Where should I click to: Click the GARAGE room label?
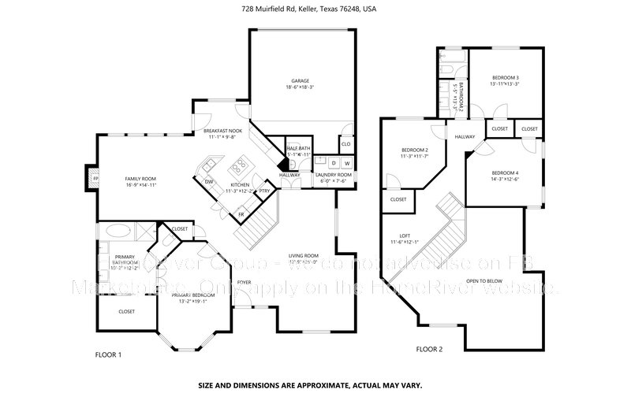(300, 81)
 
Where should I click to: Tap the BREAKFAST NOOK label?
(222, 131)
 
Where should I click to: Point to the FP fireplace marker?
(95, 179)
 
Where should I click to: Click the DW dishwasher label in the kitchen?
(209, 183)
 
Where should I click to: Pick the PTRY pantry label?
(264, 190)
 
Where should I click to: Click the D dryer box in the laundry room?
(333, 163)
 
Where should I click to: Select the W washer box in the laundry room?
(346, 163)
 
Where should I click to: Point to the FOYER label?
(245, 281)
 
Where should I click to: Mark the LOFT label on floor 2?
(405, 235)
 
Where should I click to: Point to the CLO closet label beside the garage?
(345, 144)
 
